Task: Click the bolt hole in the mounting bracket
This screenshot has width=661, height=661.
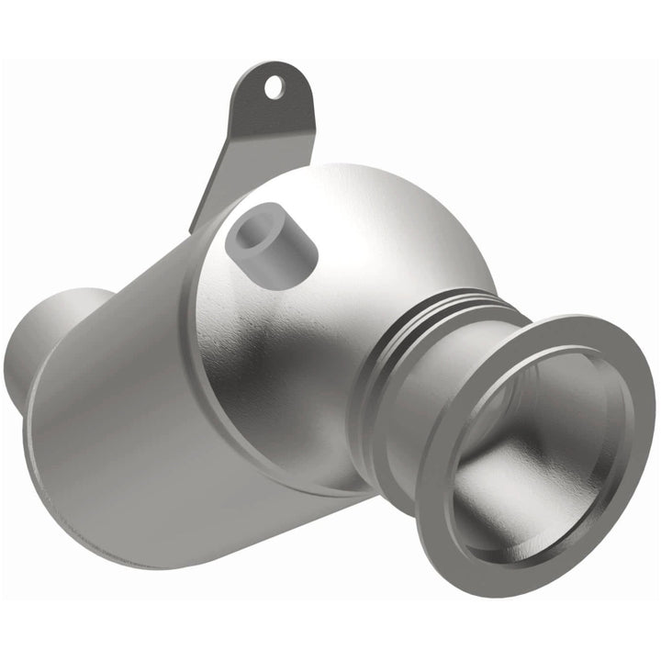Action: [274, 87]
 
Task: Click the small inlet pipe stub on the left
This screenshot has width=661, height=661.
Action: [46, 340]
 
